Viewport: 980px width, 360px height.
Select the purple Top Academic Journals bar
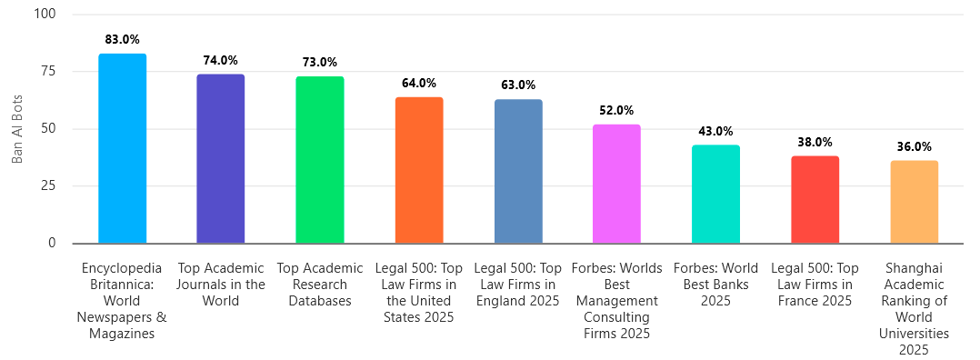[221, 158]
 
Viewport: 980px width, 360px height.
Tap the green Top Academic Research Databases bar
[320, 159]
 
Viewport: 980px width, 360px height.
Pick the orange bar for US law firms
[419, 170]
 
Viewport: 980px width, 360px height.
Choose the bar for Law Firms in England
[518, 171]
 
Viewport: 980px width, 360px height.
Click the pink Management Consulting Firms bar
[616, 184]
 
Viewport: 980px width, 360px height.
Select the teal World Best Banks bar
[715, 194]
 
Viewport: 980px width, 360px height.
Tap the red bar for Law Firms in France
[815, 199]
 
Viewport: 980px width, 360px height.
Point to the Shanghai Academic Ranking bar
[914, 202]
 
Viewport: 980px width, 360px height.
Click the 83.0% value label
[122, 39]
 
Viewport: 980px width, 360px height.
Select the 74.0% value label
[221, 60]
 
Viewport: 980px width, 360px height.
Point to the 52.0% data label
[616, 110]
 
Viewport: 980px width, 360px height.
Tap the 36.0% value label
[914, 146]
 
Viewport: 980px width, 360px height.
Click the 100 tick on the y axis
[45, 15]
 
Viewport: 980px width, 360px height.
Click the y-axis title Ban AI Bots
[16, 128]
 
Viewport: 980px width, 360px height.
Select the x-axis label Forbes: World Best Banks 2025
[715, 285]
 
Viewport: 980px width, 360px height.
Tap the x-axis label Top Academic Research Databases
[320, 285]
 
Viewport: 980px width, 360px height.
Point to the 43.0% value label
[715, 131]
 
